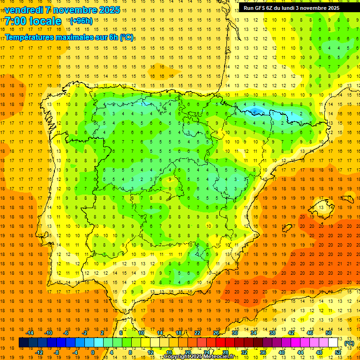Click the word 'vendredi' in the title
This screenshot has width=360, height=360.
[22, 10]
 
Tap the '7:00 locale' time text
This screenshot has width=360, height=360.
[33, 21]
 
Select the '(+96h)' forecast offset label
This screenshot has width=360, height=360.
[81, 21]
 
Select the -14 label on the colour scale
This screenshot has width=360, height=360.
[30, 332]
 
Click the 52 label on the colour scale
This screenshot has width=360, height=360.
[338, 352]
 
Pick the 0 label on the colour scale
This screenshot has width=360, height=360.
[92, 352]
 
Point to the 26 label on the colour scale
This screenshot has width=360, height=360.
[216, 332]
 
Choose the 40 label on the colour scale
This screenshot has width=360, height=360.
[282, 352]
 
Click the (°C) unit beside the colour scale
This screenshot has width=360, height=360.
[349, 343]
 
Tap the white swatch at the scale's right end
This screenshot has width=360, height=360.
[333, 343]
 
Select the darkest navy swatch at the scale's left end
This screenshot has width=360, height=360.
[23, 343]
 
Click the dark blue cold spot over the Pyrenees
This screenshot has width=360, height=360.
[255, 112]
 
